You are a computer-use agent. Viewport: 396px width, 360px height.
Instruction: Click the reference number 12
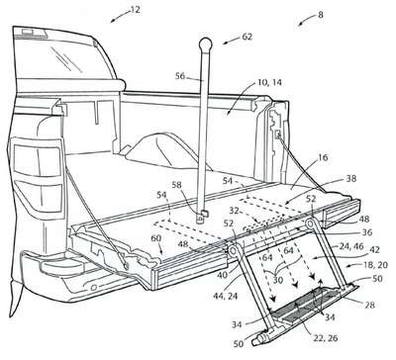point(135,10)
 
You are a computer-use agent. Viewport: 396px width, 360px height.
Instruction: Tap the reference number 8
point(321,15)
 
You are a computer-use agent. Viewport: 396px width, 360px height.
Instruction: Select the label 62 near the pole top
point(247,37)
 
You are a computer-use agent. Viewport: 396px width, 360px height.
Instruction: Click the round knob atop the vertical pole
point(206,45)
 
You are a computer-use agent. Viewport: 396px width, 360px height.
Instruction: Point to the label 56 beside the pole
point(180,76)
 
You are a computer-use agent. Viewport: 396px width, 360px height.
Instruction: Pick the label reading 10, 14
point(269,82)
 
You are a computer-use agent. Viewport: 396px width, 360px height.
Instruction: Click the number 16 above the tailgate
point(323,157)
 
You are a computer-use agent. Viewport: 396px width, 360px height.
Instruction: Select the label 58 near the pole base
point(176,185)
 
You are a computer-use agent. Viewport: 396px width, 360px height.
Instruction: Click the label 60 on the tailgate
point(156,238)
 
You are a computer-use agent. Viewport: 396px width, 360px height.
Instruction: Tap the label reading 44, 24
point(225,296)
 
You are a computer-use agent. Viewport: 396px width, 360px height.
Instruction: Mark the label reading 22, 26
point(325,338)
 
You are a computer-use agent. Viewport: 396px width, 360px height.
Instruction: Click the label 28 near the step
point(369,305)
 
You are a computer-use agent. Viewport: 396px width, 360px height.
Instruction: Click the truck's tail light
point(38,178)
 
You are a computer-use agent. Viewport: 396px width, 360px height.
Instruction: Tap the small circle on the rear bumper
point(93,288)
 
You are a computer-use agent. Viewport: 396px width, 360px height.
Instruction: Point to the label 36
point(367,232)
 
